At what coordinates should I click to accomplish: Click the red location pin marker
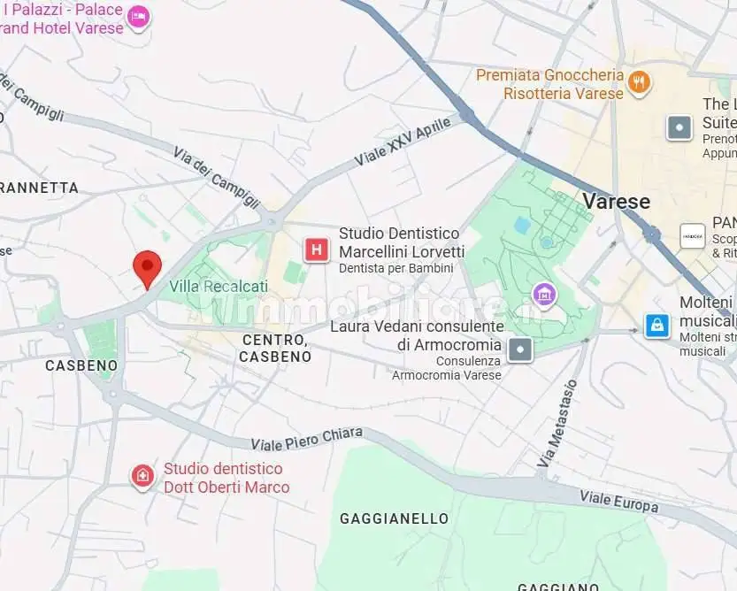click(x=147, y=266)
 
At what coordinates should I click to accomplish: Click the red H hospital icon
click(x=316, y=249)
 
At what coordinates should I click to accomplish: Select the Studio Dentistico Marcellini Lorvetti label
click(x=399, y=242)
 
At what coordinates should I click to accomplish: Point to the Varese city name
click(x=616, y=201)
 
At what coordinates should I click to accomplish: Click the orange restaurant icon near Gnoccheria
click(x=639, y=84)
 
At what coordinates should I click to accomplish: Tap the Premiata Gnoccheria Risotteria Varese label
click(x=549, y=84)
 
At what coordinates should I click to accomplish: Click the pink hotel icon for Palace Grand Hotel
click(x=139, y=17)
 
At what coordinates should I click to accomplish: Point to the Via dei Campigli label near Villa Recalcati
click(x=216, y=177)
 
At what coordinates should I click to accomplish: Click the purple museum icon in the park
click(x=543, y=293)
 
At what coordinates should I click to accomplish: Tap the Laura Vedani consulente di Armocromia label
click(x=416, y=335)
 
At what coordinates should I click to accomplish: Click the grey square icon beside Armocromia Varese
click(x=521, y=349)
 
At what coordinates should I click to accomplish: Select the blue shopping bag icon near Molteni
click(x=656, y=326)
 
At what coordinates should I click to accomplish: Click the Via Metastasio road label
click(x=557, y=423)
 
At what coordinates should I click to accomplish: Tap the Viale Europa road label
click(x=618, y=501)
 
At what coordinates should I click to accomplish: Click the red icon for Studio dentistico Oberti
click(x=142, y=478)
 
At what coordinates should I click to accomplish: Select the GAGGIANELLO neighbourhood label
click(x=394, y=518)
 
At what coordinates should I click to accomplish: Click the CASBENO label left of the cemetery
click(x=69, y=365)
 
